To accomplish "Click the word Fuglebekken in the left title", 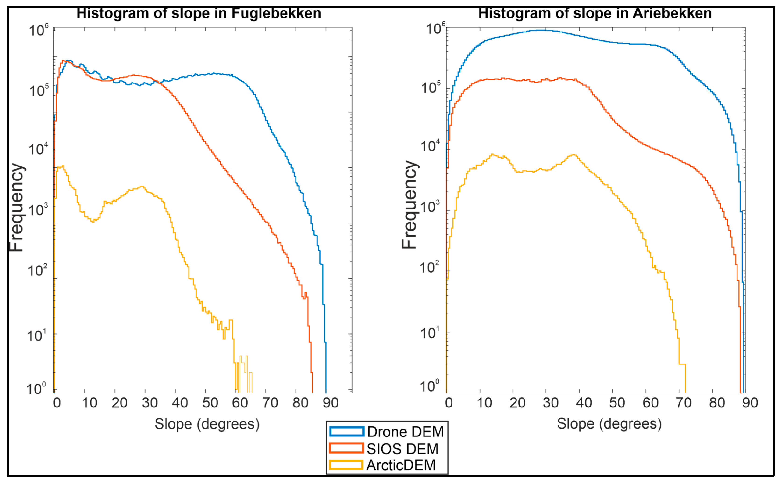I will pyautogui.click(x=276, y=13).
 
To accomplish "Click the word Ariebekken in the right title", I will pyautogui.click(x=672, y=13).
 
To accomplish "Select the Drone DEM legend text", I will pyautogui.click(x=405, y=432).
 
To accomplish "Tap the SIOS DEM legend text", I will pyautogui.click(x=402, y=449).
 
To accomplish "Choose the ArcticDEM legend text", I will pyautogui.click(x=401, y=465).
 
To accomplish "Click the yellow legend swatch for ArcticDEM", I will pyautogui.click(x=346, y=465).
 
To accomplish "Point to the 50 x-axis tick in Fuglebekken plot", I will pyautogui.click(x=210, y=403).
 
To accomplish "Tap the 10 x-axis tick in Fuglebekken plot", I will pyautogui.click(x=90, y=403).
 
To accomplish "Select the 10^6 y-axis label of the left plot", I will pyautogui.click(x=39, y=30).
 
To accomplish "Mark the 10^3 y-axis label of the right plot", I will pyautogui.click(x=431, y=207).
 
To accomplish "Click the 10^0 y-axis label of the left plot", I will pyautogui.click(x=36, y=389).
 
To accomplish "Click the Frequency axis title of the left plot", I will pyautogui.click(x=16, y=208).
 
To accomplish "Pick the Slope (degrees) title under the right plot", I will pyautogui.click(x=609, y=424).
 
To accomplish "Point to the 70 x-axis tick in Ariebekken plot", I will pyautogui.click(x=684, y=403).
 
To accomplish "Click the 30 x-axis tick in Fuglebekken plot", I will pyautogui.click(x=150, y=403).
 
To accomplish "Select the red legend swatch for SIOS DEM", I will pyautogui.click(x=346, y=448).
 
